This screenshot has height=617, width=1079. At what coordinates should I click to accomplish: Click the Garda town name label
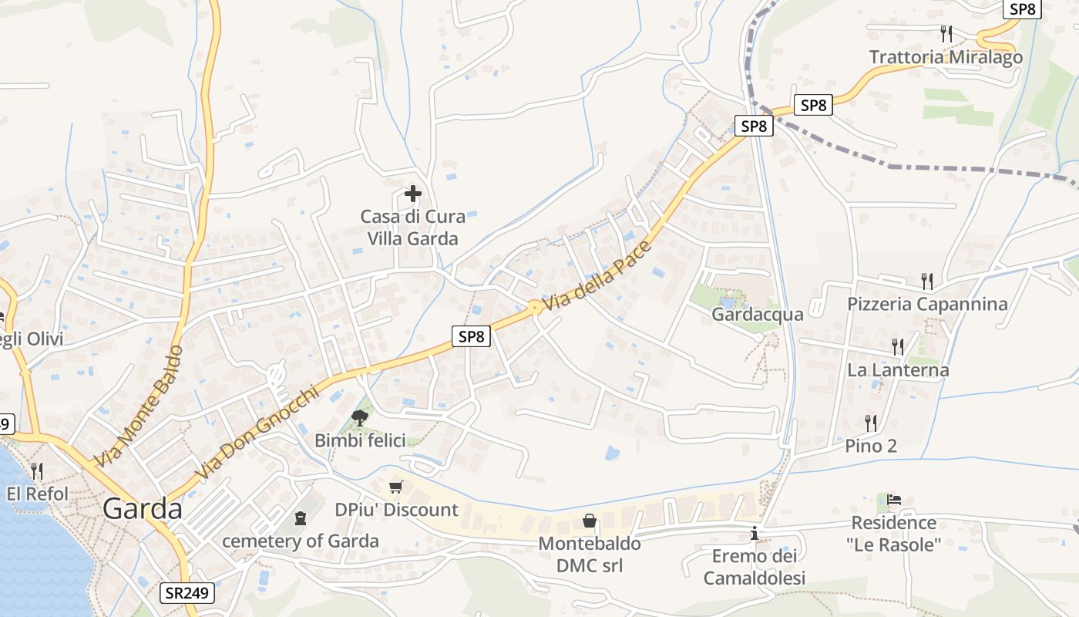click(x=143, y=509)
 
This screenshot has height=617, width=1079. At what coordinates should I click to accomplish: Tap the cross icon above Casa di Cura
click(x=413, y=194)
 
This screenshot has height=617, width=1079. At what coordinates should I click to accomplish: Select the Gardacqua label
click(x=757, y=314)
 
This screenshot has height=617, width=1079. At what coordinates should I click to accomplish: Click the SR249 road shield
click(x=187, y=593)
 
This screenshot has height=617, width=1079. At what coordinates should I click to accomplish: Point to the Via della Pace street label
click(x=598, y=275)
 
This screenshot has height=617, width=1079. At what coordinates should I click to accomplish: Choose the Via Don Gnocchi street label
click(x=257, y=433)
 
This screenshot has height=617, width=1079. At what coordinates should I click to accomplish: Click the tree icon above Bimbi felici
click(x=359, y=418)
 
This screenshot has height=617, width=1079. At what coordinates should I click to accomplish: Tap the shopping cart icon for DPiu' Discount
click(x=396, y=487)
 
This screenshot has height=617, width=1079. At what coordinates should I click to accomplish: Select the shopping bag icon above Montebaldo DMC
click(x=590, y=521)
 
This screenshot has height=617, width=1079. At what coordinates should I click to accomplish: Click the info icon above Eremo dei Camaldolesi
click(x=755, y=533)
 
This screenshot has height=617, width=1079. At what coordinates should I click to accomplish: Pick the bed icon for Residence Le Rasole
click(x=894, y=500)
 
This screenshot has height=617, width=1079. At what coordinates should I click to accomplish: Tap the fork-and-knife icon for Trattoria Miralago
click(x=946, y=33)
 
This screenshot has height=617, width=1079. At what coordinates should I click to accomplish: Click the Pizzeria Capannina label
click(x=927, y=304)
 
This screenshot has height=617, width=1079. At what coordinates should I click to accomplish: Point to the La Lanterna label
click(x=898, y=370)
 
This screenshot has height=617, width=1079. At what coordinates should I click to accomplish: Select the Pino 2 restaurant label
click(x=871, y=446)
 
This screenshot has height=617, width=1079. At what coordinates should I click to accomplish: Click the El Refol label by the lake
click(x=37, y=494)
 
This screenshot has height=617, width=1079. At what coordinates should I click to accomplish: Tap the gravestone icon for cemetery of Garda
click(x=301, y=518)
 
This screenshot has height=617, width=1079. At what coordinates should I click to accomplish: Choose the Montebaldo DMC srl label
click(x=590, y=555)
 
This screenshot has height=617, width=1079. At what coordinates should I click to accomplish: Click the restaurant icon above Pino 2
click(x=871, y=423)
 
